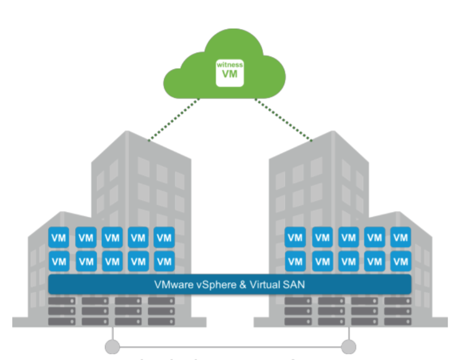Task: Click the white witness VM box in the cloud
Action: pyautogui.click(x=230, y=72)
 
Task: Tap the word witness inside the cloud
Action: pyautogui.click(x=230, y=65)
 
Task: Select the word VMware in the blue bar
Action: pyautogui.click(x=172, y=284)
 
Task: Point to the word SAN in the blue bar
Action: pyautogui.click(x=294, y=284)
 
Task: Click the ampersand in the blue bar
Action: pyautogui.click(x=242, y=284)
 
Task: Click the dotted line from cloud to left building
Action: pyautogui.click(x=174, y=120)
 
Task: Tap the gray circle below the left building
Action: pyautogui.click(x=112, y=346)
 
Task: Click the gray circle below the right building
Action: pyautogui.click(x=349, y=346)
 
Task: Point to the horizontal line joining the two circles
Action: pyautogui.click(x=231, y=347)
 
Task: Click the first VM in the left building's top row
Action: pyautogui.click(x=59, y=237)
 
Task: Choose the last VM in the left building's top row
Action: pyautogui.click(x=164, y=237)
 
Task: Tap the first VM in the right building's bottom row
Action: pyautogui.click(x=295, y=261)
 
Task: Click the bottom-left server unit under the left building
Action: pyautogui.click(x=61, y=321)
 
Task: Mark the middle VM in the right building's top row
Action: pyautogui.click(x=349, y=237)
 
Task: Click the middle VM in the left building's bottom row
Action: pyautogui.click(x=112, y=261)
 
